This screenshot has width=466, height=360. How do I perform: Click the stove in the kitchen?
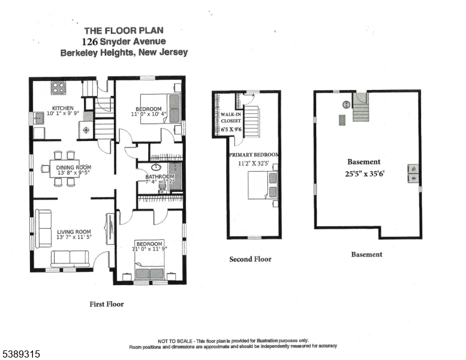pos(58,88)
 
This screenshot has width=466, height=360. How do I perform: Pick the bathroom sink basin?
pos(156,168)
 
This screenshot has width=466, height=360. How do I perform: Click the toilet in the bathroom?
pos(161,187)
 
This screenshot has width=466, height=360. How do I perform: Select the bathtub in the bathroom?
pos(176,176)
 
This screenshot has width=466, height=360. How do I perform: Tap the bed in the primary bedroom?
pos(263,184)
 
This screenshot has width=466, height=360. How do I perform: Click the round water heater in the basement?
pos(346,105)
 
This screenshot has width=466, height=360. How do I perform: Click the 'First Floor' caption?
pos(107,304)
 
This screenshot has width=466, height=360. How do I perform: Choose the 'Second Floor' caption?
pos(250,259)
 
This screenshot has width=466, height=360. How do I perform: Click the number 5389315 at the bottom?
pos(21,354)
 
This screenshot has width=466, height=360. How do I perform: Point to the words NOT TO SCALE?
pos(175,340)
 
